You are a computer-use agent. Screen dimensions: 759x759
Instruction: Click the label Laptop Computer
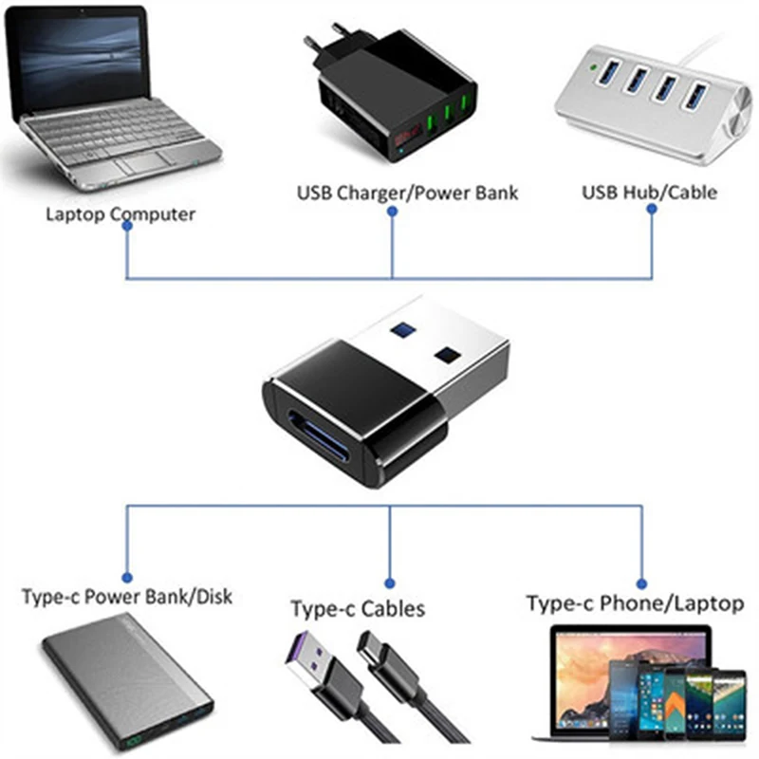point(120,213)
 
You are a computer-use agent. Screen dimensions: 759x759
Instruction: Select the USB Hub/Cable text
point(649,192)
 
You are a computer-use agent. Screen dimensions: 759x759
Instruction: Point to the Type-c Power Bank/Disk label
point(127,597)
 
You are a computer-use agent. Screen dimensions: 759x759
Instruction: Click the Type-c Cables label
point(358,608)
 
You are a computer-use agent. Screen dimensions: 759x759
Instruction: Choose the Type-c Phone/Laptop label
point(636,602)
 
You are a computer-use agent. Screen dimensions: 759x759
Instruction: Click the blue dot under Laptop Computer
point(127,234)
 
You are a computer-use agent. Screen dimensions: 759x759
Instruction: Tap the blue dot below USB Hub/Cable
point(652,211)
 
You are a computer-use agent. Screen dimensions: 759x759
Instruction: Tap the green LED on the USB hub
point(594,67)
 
